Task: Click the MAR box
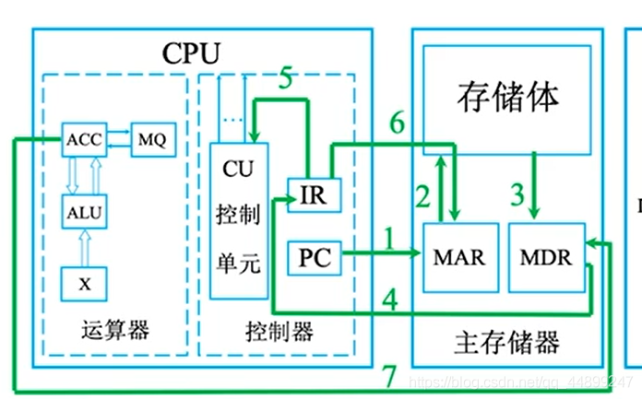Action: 458,255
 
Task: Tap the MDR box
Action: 546,255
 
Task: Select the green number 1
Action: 388,241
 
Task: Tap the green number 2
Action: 422,195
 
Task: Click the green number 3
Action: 517,195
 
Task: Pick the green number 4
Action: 389,299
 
